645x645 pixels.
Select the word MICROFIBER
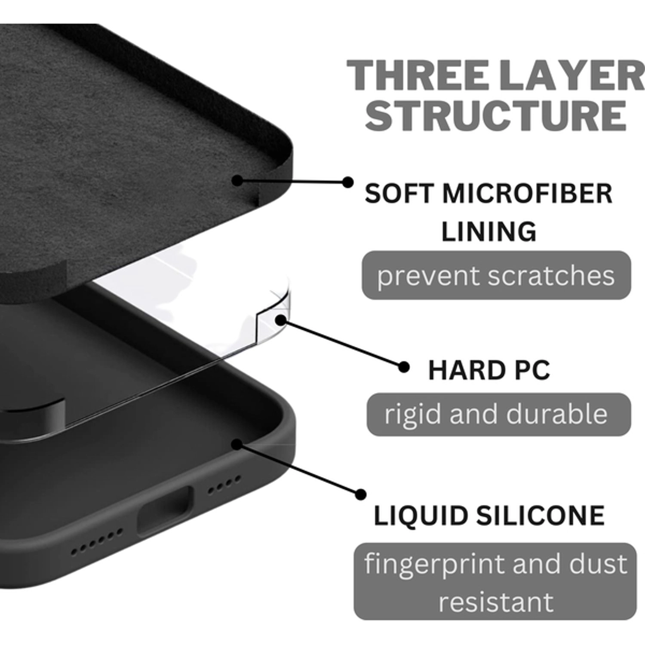pyautogui.click(x=527, y=194)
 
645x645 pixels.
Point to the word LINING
pyautogui.click(x=489, y=232)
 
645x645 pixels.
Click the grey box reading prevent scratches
pyautogui.click(x=496, y=275)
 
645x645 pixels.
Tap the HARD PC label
pyautogui.click(x=489, y=370)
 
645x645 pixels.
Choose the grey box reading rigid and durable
pyautogui.click(x=498, y=414)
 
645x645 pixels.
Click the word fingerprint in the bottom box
pyautogui.click(x=435, y=563)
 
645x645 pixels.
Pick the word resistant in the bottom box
pyautogui.click(x=496, y=601)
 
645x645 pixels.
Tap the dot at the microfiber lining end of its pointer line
pyautogui.click(x=237, y=180)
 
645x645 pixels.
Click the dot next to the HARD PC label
pyautogui.click(x=403, y=367)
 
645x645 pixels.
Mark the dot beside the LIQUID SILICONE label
pyautogui.click(x=360, y=494)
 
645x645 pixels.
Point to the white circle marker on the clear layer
pyautogui.click(x=281, y=319)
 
